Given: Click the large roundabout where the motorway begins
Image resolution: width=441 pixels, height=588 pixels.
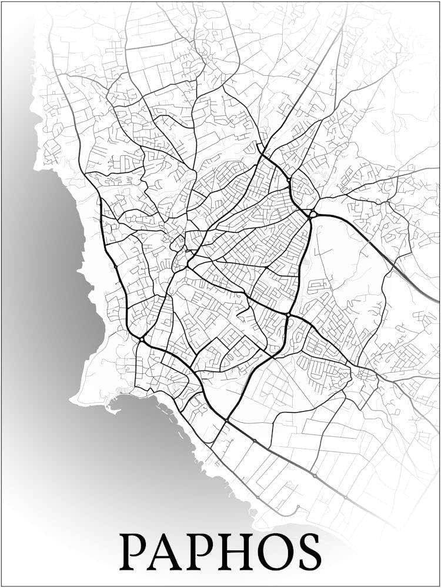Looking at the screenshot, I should pyautogui.click(x=313, y=215).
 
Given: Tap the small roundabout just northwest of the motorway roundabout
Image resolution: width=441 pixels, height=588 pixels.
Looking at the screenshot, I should pyautogui.click(x=290, y=180).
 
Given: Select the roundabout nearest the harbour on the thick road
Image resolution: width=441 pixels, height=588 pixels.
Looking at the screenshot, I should pyautogui.click(x=142, y=339).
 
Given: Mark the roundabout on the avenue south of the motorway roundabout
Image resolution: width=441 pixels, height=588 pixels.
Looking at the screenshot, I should pyautogui.click(x=288, y=316).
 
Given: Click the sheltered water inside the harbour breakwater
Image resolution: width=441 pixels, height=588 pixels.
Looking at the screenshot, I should pyautogui.click(x=121, y=400).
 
